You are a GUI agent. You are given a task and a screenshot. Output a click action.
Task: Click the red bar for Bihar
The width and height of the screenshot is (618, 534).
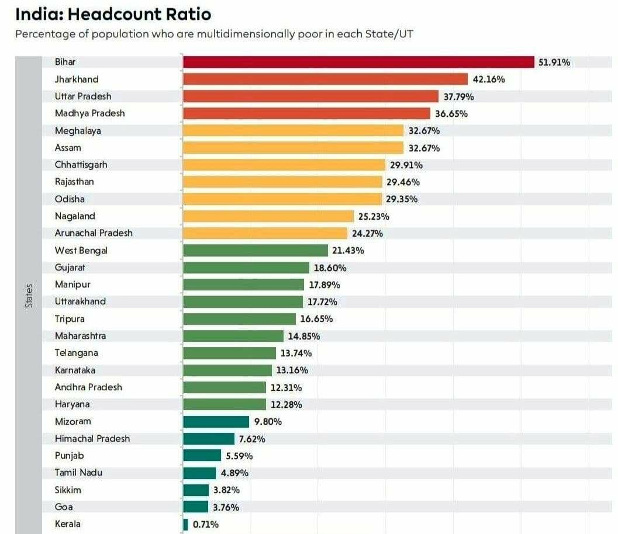coord(358,62)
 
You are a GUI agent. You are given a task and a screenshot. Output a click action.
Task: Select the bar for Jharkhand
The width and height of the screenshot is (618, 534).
coord(325,79)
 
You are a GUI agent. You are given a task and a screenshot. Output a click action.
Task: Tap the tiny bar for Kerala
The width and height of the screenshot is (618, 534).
coord(185,524)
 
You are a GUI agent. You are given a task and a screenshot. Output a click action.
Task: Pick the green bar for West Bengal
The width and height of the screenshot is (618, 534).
coord(256,250)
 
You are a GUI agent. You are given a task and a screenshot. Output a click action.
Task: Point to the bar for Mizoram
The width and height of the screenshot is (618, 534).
coord(216,421)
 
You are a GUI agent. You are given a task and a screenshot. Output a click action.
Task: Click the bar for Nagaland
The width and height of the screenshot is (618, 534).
coord(268,216)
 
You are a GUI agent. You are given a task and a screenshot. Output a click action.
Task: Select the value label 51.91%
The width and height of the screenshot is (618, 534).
coord(554,62)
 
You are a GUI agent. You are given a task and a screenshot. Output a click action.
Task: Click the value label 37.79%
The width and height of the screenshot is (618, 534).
coord(458,96)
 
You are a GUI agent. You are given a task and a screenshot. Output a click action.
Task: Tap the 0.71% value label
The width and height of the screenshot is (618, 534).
coord(206,524)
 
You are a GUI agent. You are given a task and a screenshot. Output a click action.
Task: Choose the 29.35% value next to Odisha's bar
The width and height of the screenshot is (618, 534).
coord(402,199)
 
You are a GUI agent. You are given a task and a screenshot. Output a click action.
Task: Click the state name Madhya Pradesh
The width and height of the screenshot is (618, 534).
coord(89,113)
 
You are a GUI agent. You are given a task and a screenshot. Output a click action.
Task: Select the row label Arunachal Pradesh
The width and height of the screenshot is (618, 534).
coord(94,233)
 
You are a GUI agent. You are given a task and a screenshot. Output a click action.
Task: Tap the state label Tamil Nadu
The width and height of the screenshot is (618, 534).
coord(78,473)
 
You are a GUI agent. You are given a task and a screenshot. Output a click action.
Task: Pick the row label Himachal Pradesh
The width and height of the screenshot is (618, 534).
coord(92,438)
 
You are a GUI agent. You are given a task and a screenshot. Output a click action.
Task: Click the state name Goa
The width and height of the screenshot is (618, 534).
coord(64,507)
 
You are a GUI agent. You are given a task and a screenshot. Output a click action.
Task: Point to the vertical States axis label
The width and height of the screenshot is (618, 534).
coord(29,295)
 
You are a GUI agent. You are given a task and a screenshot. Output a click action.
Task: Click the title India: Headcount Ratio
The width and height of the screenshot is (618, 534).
coord(113,13)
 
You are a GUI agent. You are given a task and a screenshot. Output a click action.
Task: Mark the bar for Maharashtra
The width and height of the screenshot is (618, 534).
coord(233,336)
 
